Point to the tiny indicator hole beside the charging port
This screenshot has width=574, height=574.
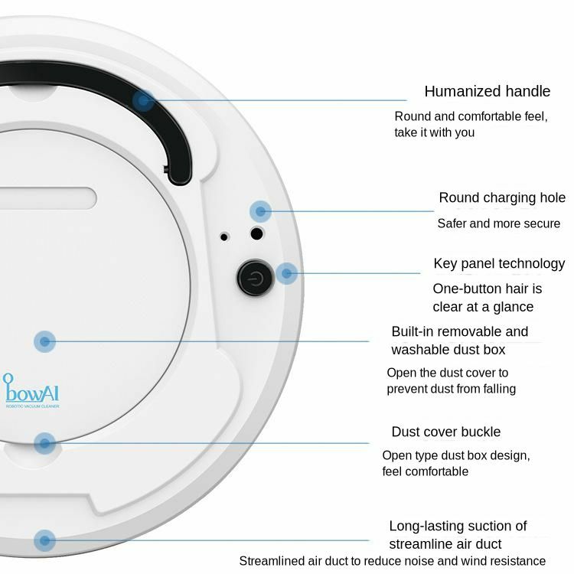click(x=224, y=236)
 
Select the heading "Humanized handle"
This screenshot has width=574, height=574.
click(x=487, y=92)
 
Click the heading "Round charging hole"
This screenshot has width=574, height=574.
click(x=501, y=198)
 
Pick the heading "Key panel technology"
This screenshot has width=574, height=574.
click(x=498, y=264)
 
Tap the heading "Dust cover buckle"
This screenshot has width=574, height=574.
click(x=445, y=432)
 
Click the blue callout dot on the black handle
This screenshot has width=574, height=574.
click(x=143, y=99)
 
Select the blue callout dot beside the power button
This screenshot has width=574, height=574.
click(x=286, y=273)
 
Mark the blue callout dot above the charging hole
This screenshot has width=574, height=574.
click(x=260, y=211)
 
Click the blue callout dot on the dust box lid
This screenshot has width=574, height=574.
click(x=45, y=341)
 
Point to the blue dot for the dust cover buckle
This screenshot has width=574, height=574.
click(x=45, y=442)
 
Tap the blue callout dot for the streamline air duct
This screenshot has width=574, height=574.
click(x=45, y=540)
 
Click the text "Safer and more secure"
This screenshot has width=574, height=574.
click(x=499, y=224)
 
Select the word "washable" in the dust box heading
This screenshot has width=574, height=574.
click(x=419, y=350)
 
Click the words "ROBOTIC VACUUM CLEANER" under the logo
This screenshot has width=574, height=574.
click(x=32, y=406)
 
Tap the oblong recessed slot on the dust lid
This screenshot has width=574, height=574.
click(x=46, y=198)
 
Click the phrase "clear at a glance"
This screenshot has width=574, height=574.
click(x=482, y=307)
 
